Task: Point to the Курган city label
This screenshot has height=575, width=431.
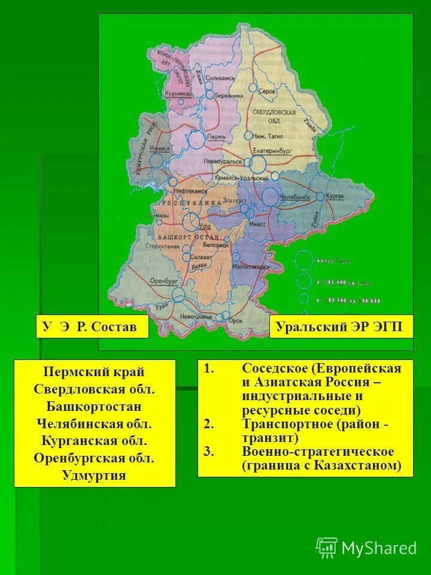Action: pos(336,196)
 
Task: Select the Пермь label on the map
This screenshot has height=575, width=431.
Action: pos(216,137)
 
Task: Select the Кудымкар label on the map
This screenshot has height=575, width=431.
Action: pos(182,94)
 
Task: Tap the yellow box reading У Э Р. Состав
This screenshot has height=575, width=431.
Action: pos(92,326)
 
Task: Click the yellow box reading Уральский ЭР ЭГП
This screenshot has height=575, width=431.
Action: pos(341,326)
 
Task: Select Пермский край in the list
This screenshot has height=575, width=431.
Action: pos(94,372)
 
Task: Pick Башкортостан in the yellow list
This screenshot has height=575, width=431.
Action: pos(94,407)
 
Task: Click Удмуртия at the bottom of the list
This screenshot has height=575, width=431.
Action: pos(94,476)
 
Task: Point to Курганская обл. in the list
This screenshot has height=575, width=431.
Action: pos(94,441)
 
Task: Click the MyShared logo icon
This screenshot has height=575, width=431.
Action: pos(327,547)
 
